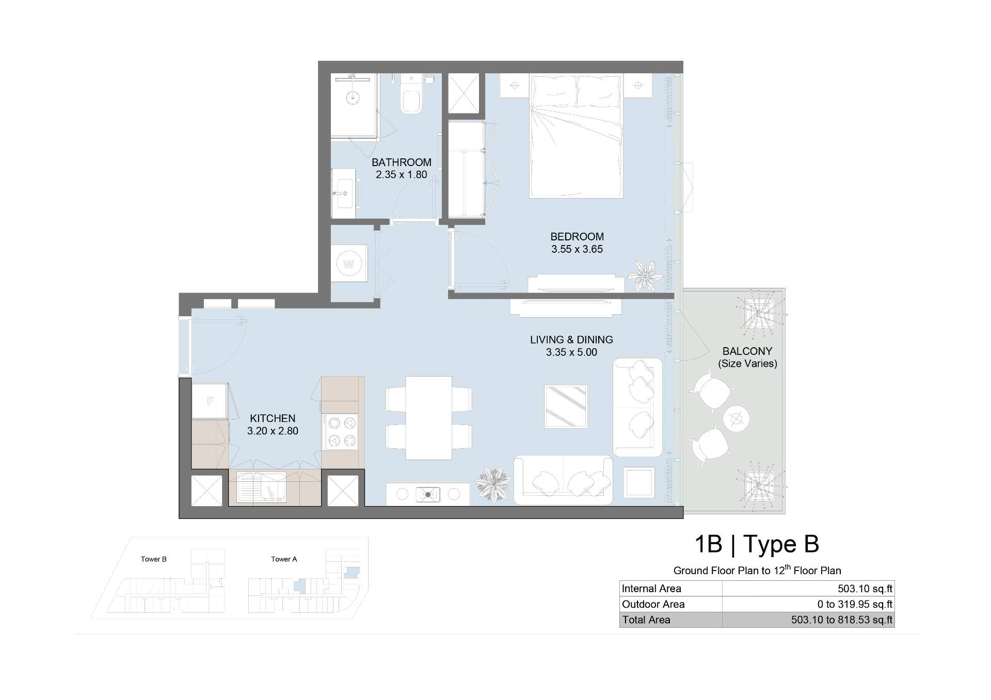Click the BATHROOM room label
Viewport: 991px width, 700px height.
(401, 162)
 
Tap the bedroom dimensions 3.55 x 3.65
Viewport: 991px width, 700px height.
(577, 249)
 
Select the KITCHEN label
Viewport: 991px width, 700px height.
(273, 418)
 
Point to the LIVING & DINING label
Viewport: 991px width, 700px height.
(571, 340)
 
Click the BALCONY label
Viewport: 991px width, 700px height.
(747, 351)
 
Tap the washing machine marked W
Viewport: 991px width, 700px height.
(349, 264)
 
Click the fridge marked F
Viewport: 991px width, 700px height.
(210, 401)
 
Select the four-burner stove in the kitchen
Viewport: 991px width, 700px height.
(340, 432)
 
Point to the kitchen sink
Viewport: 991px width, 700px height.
(261, 487)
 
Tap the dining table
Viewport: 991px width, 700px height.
(428, 418)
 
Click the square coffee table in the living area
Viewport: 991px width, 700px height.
(566, 406)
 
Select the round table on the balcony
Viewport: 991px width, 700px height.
(736, 418)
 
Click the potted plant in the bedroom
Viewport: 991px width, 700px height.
(645, 275)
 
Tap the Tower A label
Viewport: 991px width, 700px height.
(284, 559)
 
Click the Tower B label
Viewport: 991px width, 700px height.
(154, 559)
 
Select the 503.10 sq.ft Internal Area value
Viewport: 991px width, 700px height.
(865, 589)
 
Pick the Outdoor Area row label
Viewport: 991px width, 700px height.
(653, 604)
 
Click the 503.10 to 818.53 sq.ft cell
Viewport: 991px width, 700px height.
(842, 620)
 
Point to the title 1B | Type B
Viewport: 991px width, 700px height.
(757, 544)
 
